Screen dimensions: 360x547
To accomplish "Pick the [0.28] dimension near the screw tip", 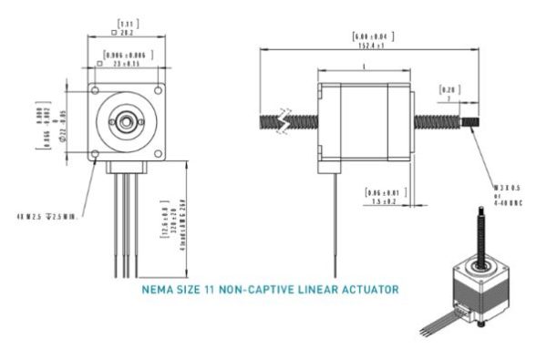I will click(448, 91).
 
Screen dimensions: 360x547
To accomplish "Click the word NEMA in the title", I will click(160, 292).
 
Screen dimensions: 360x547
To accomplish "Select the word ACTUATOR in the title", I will click(365, 292).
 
